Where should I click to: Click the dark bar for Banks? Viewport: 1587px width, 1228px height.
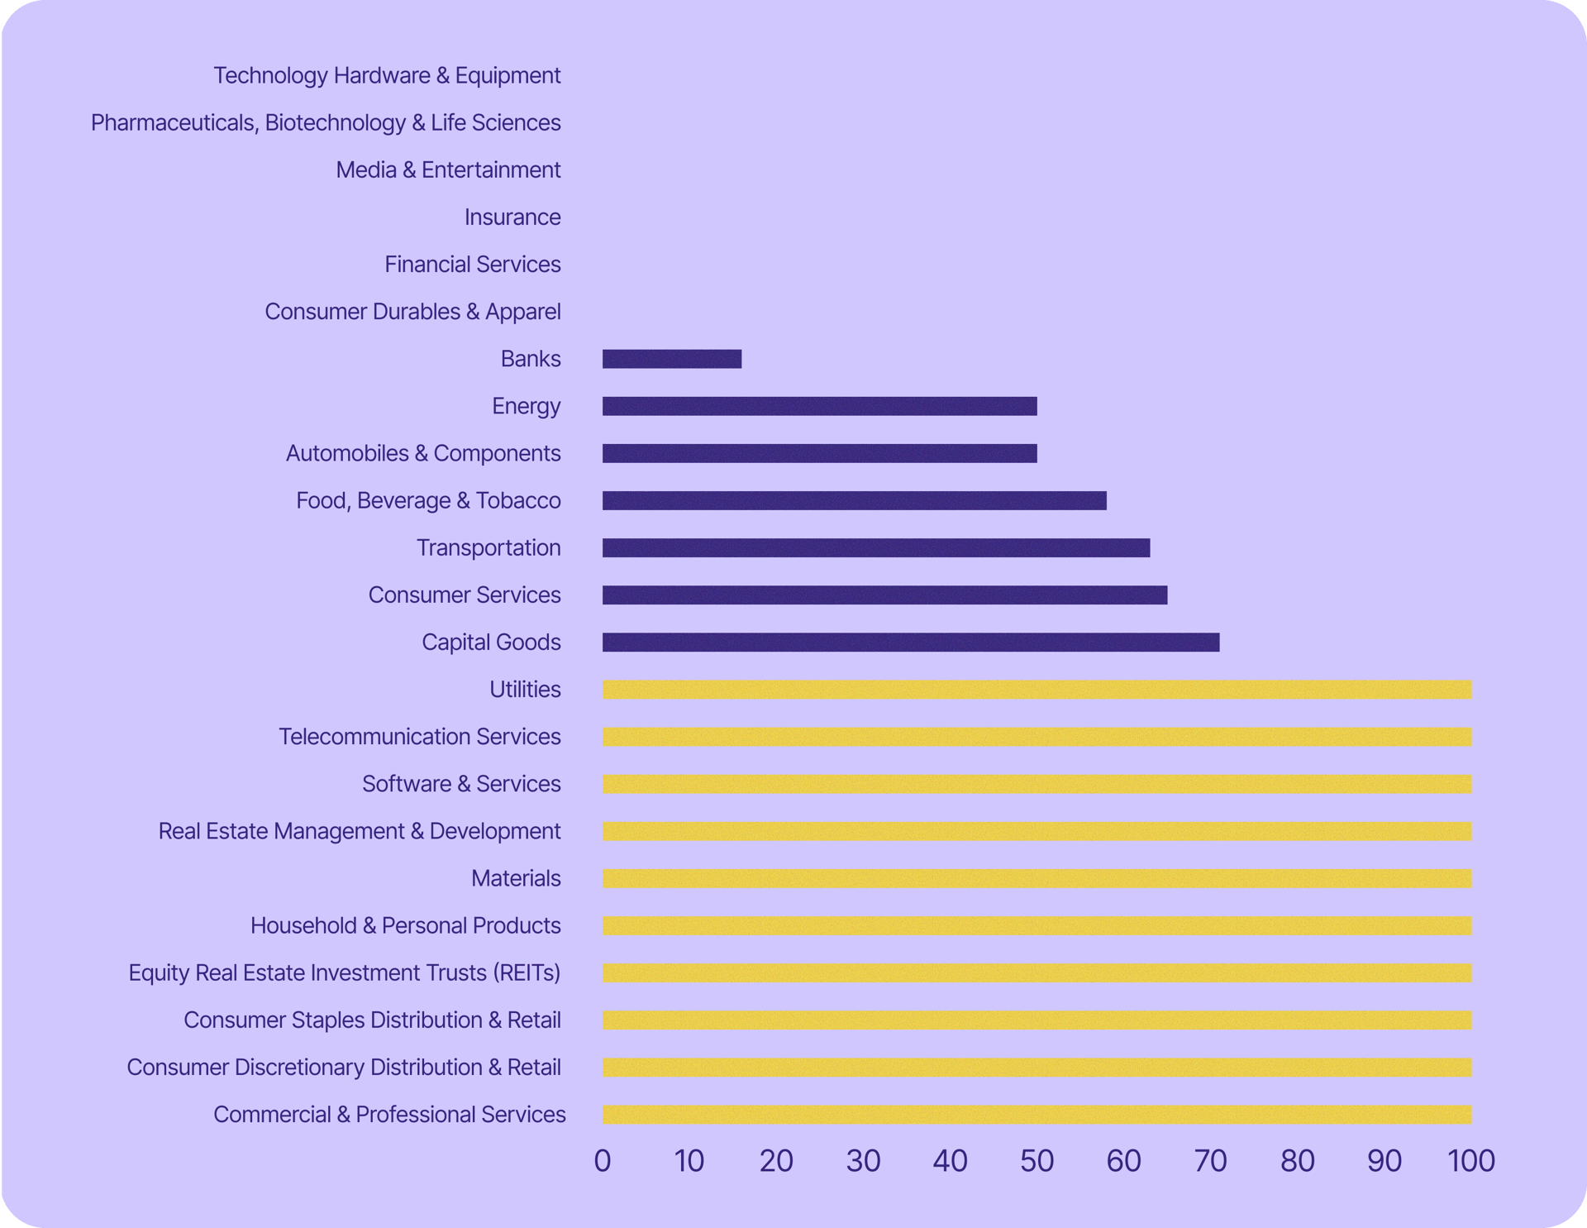pyautogui.click(x=672, y=359)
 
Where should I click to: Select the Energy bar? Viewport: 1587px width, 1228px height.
pyautogui.click(x=819, y=406)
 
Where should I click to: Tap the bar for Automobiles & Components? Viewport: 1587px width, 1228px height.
pyautogui.click(x=819, y=453)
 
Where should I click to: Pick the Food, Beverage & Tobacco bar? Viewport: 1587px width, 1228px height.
pyautogui.click(x=854, y=500)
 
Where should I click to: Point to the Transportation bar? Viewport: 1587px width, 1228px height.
pyautogui.click(x=876, y=547)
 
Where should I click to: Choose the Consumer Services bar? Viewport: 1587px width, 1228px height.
pyautogui.click(x=884, y=595)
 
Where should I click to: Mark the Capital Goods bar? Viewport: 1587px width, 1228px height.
pyautogui.click(x=911, y=643)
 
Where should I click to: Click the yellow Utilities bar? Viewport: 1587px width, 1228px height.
pyautogui.click(x=1037, y=690)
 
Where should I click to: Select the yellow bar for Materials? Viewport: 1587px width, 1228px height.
pyautogui.click(x=1037, y=878)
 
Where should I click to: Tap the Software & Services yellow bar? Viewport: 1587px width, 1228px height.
pyautogui.click(x=1037, y=784)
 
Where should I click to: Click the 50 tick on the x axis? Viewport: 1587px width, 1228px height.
pyautogui.click(x=1037, y=1161)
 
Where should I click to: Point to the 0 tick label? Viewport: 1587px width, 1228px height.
pyautogui.click(x=603, y=1161)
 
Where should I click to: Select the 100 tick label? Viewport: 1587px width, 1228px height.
pyautogui.click(x=1471, y=1161)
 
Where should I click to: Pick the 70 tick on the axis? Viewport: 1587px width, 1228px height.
pyautogui.click(x=1210, y=1161)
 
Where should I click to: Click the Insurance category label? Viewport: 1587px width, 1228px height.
pyautogui.click(x=512, y=217)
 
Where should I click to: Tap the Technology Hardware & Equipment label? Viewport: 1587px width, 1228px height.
pyautogui.click(x=387, y=75)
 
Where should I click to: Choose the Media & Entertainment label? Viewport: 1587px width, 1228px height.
pyautogui.click(x=448, y=170)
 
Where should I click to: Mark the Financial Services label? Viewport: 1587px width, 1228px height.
pyautogui.click(x=473, y=265)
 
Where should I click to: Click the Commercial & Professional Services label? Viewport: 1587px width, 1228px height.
pyautogui.click(x=389, y=1115)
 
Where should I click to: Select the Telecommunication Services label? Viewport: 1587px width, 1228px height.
pyautogui.click(x=420, y=737)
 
